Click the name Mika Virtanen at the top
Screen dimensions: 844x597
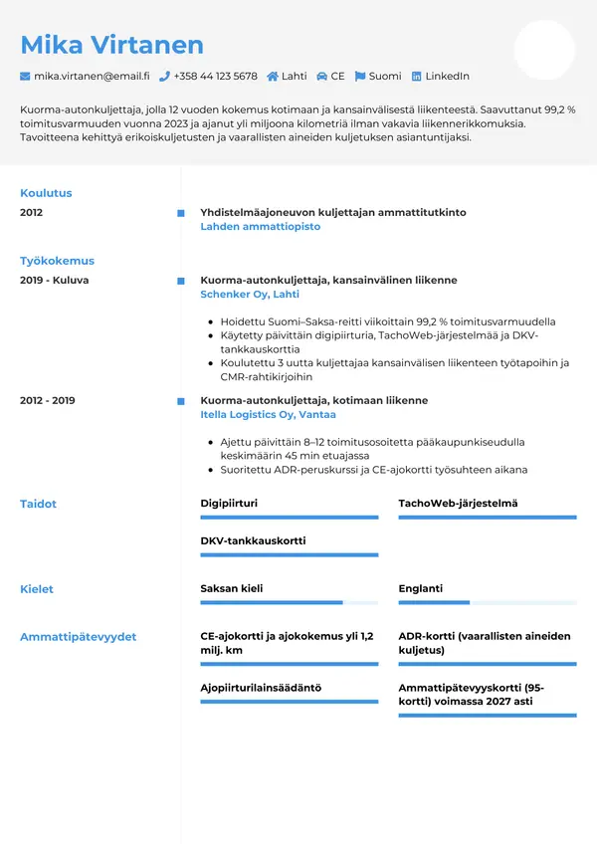pos(111,45)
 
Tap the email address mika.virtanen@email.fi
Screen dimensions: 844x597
pos(92,76)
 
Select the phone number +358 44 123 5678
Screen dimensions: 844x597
pos(215,76)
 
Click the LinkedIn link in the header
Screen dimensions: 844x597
pos(447,76)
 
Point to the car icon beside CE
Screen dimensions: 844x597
pos(322,76)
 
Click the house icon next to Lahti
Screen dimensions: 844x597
pos(273,76)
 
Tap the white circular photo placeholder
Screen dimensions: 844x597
pos(544,50)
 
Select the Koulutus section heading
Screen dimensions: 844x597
pos(46,193)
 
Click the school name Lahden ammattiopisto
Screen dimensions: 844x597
pos(261,227)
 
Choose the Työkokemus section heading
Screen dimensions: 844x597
pos(57,261)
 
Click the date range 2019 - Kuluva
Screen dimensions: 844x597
pos(54,281)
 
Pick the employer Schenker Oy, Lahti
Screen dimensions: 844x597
pos(250,295)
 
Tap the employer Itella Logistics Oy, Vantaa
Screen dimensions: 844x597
pos(269,414)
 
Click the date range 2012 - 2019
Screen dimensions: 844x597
pos(47,400)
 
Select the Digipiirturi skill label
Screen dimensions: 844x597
pos(229,504)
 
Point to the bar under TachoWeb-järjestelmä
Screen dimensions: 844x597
pos(488,518)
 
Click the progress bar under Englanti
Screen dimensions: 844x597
pos(488,603)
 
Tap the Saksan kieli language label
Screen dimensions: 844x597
pos(232,589)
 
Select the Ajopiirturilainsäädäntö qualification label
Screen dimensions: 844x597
pos(261,688)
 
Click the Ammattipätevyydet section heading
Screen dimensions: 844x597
pos(79,637)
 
